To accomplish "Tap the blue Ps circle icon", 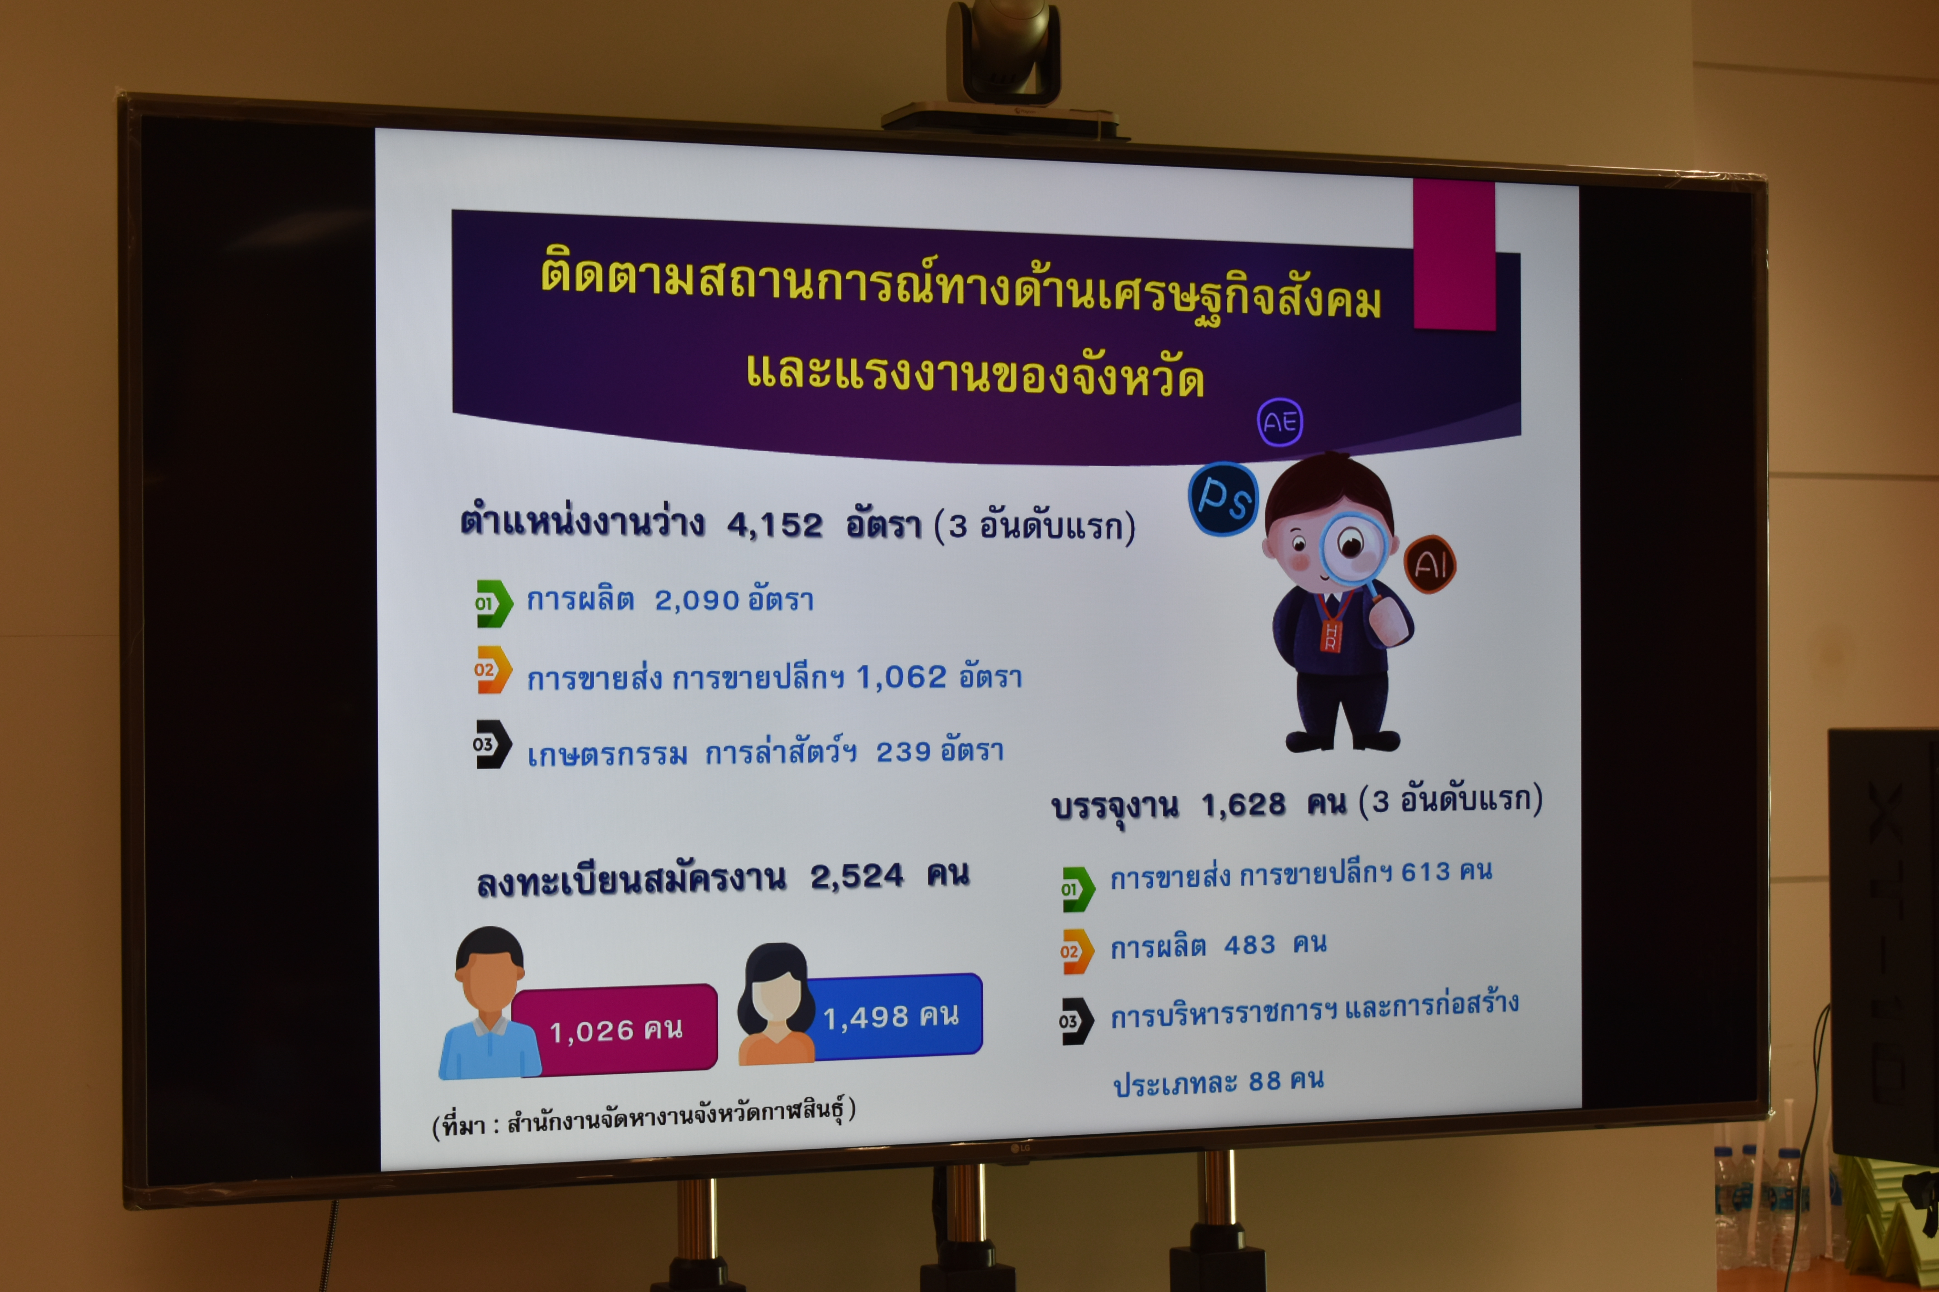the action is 1224,498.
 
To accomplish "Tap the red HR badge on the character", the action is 1330,634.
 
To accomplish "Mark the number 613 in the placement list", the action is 1425,872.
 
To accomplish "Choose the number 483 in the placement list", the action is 1249,944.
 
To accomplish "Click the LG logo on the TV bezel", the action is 1021,1148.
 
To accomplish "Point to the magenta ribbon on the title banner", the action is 1454,255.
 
